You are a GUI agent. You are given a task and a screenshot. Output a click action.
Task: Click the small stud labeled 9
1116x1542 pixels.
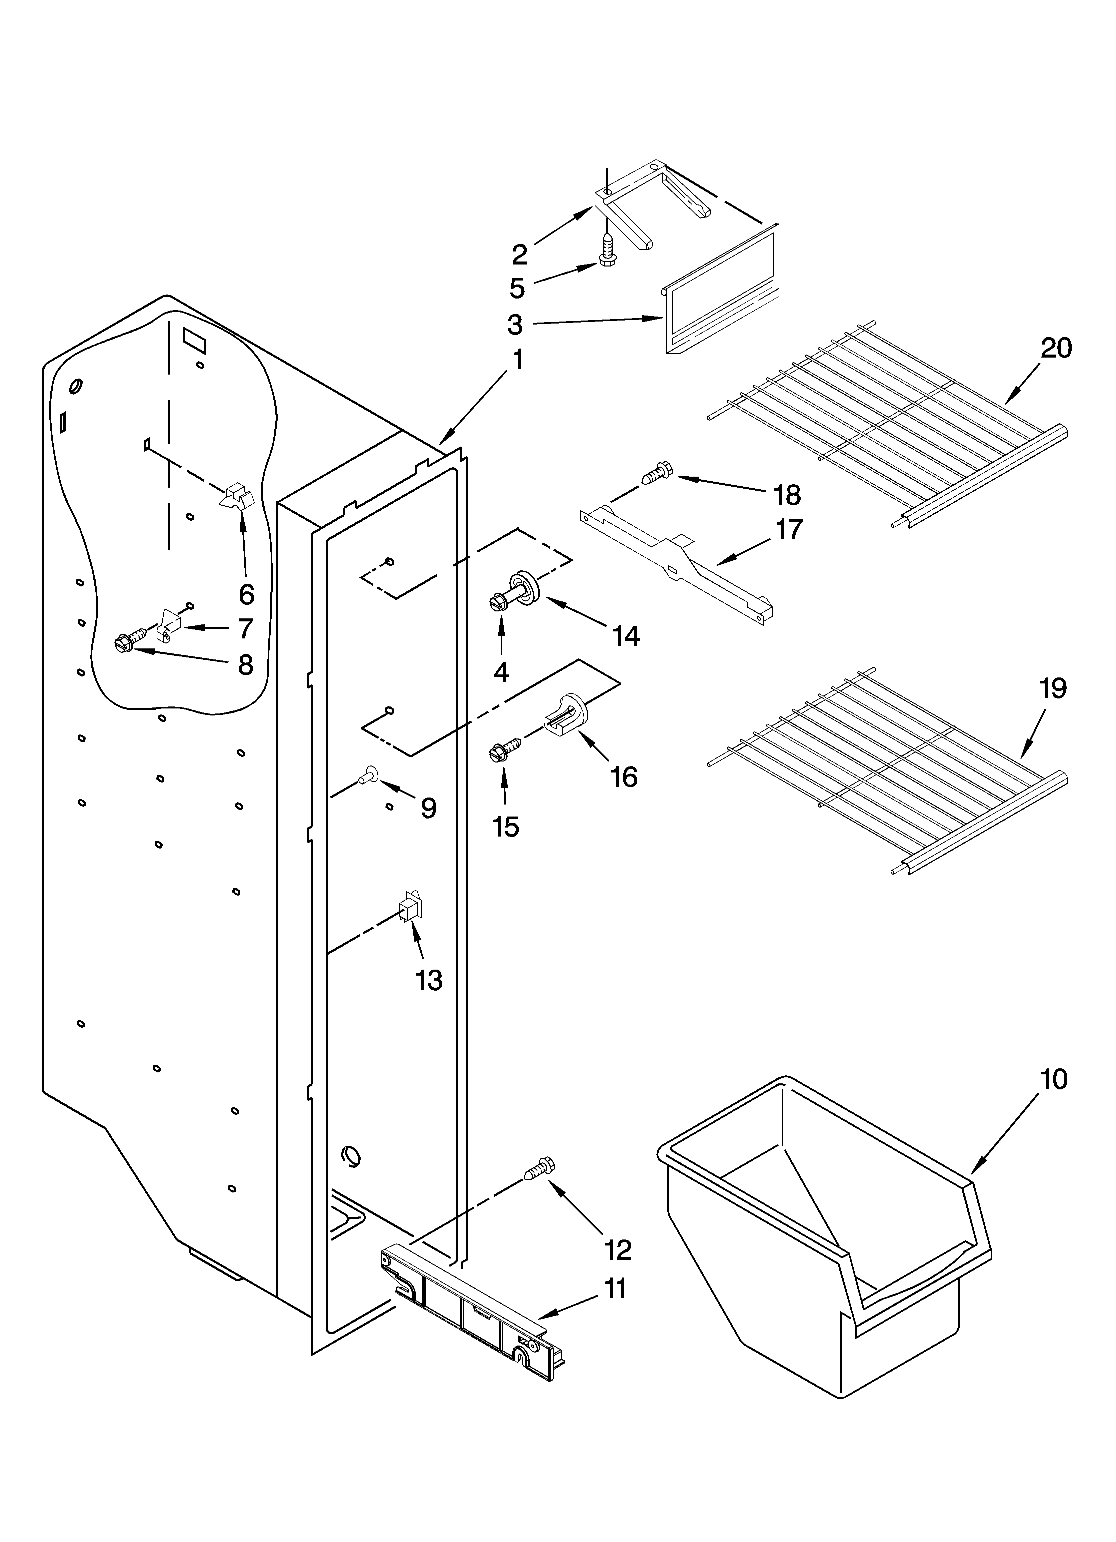370,772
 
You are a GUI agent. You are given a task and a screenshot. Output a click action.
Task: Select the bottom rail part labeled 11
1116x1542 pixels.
469,1295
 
